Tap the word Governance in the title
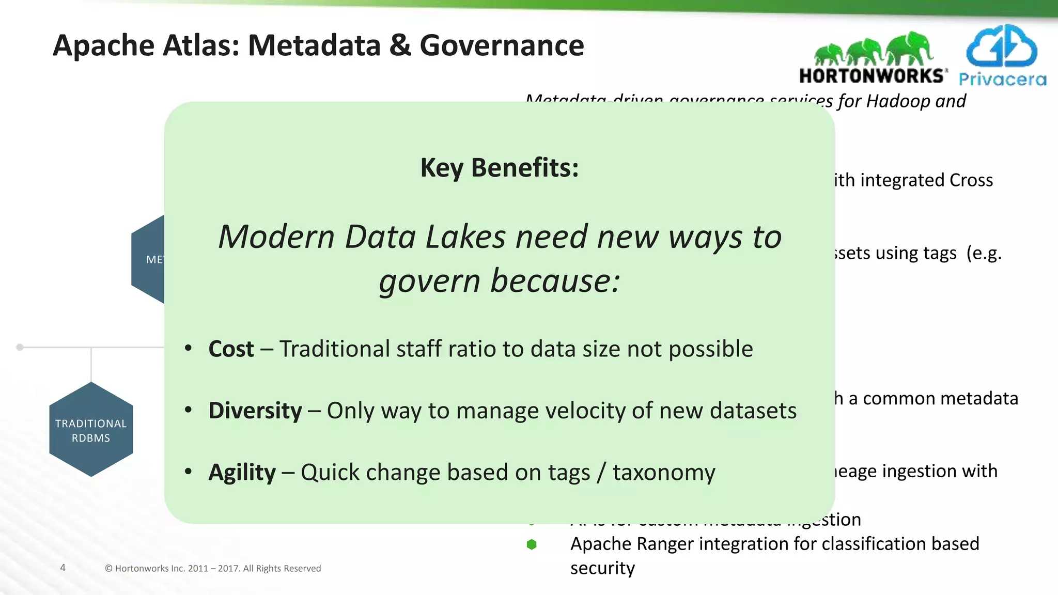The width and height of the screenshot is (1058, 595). [502, 45]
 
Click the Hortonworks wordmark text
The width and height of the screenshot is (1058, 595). [873, 76]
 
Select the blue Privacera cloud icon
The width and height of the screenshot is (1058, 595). [1001, 46]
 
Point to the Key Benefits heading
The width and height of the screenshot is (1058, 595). [500, 168]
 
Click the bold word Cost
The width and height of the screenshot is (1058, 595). [231, 349]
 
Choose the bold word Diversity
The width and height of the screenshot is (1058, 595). [255, 411]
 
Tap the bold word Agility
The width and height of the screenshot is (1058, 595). [242, 473]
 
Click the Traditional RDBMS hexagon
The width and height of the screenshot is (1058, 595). [91, 430]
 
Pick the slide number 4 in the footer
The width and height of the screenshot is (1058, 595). [63, 568]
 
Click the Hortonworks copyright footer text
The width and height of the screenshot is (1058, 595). [213, 568]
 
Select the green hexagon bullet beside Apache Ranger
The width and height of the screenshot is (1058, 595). [532, 544]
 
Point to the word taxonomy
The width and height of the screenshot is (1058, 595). [664, 473]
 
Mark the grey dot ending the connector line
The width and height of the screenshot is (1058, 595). [20, 347]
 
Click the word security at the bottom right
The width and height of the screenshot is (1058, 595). [602, 568]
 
